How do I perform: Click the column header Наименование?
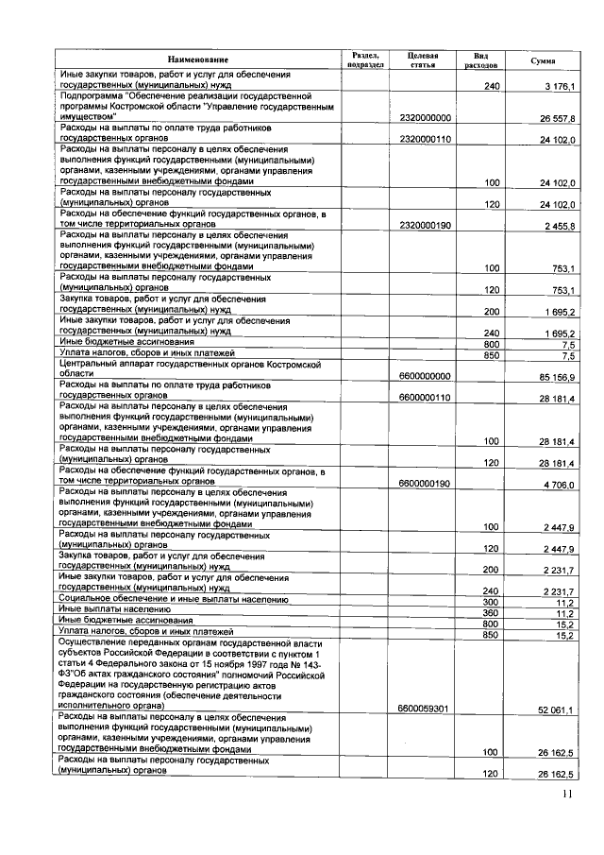[x=198, y=60]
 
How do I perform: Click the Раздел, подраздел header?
[x=366, y=60]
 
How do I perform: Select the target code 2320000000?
[x=426, y=118]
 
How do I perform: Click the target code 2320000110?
[x=426, y=140]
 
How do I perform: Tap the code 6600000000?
[x=426, y=377]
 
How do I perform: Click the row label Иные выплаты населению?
[x=108, y=611]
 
